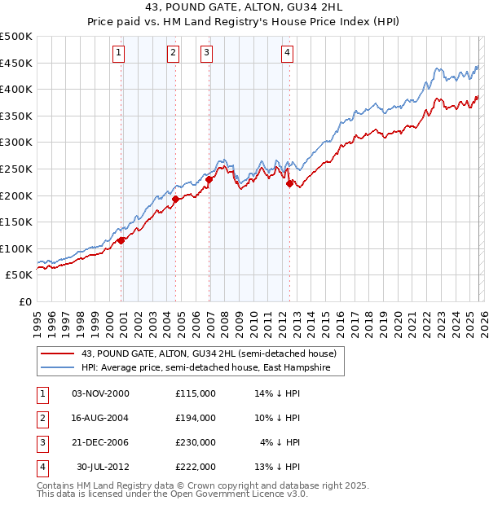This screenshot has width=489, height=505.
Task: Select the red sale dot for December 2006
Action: click(x=209, y=179)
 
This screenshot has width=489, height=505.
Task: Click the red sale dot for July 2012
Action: click(x=289, y=183)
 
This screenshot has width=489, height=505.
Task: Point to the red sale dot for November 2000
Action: click(x=121, y=240)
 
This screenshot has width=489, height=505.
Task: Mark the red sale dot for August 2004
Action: click(x=176, y=198)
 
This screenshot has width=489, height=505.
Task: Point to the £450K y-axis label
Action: click(x=16, y=63)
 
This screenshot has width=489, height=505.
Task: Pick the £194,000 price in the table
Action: click(x=195, y=417)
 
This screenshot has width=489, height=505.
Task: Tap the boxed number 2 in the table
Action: click(x=42, y=417)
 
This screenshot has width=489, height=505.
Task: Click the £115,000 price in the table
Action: click(x=195, y=393)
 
